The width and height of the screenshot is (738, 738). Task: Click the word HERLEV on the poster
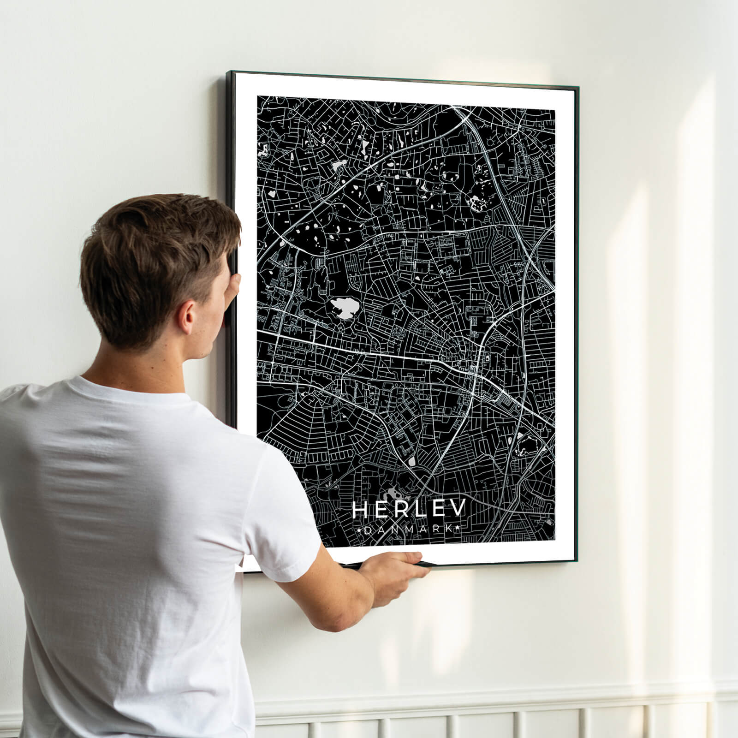pyautogui.click(x=409, y=510)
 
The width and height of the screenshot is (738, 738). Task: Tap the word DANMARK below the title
pyautogui.click(x=409, y=531)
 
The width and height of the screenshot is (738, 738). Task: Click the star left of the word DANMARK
pyautogui.click(x=360, y=531)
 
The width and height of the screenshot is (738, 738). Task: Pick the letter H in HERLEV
pyautogui.click(x=360, y=510)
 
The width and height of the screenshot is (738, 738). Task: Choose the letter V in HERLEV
pyautogui.click(x=458, y=509)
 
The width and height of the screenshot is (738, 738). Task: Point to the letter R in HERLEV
pyautogui.click(x=399, y=510)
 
